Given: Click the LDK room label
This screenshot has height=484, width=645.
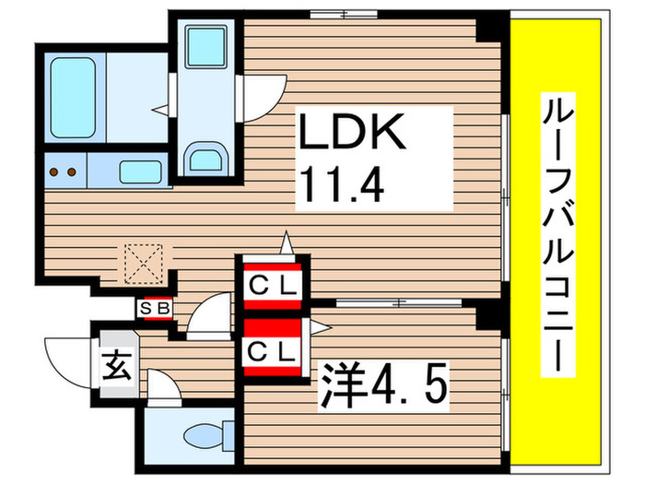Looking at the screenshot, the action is coord(352,131).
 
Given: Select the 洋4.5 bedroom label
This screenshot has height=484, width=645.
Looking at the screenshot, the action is coord(383,385).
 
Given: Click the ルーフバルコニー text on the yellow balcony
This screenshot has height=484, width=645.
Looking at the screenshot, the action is coord(557,235).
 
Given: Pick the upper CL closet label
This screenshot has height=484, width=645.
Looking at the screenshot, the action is coord(273,285).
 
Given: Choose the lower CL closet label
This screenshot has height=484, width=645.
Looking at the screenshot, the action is coord(272,352).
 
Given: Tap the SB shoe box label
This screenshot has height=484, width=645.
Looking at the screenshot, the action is coord(155,308).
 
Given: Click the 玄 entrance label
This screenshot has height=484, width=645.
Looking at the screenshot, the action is coord(118,365).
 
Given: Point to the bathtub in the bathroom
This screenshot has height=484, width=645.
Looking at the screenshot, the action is coord(73,98).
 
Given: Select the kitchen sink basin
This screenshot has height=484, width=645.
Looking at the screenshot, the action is coord(140,172).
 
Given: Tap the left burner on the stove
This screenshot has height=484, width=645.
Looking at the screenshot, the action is coord(53,171).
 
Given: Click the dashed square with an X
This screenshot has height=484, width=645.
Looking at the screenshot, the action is coord(144,264).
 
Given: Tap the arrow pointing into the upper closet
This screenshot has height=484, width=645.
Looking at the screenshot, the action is coord(287,243).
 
